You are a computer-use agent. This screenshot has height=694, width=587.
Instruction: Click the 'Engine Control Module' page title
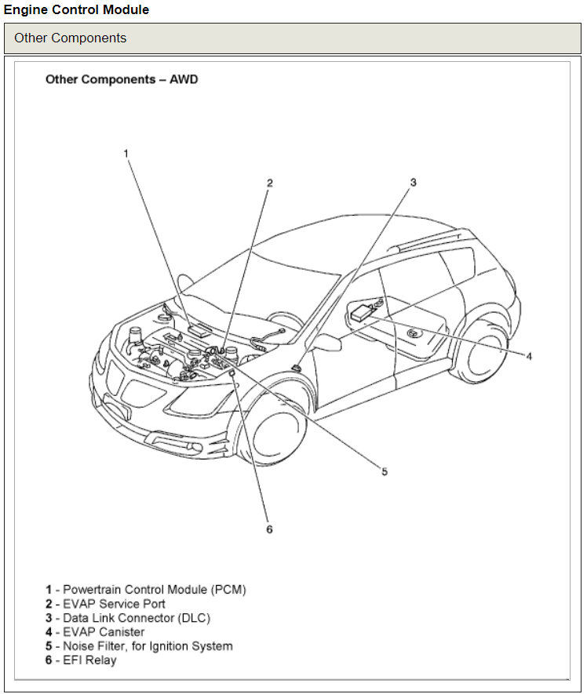pyautogui.click(x=76, y=10)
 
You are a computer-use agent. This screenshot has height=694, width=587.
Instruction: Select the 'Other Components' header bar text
pyautogui.click(x=70, y=38)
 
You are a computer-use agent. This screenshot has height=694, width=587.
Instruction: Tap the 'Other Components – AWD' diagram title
pyautogui.click(x=122, y=79)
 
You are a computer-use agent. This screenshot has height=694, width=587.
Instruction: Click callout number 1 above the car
pyautogui.click(x=126, y=153)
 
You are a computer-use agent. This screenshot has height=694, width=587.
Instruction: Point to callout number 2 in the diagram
pyautogui.click(x=269, y=183)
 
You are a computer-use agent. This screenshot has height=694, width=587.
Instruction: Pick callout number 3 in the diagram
pyautogui.click(x=413, y=182)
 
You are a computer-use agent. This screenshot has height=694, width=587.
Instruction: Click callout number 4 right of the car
pyautogui.click(x=529, y=356)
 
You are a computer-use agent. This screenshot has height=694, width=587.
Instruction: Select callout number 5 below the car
pyautogui.click(x=385, y=471)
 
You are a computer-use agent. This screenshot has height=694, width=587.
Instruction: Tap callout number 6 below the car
pyautogui.click(x=269, y=529)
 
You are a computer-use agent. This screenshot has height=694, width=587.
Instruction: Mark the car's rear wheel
pyautogui.click(x=482, y=354)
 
